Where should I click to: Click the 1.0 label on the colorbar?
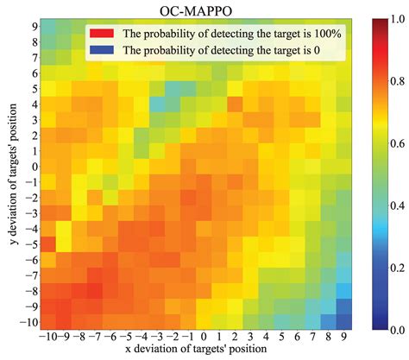398,18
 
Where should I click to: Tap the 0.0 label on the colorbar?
398,330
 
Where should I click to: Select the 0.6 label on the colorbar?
398,142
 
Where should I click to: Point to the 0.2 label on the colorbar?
398,268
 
